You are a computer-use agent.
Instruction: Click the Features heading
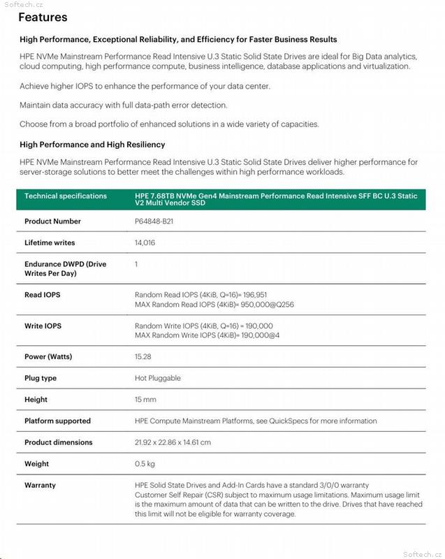[x=43, y=17]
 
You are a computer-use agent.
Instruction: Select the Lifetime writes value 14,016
[x=145, y=243]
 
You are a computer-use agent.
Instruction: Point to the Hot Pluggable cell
[x=157, y=378]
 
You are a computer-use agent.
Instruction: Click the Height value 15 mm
[x=145, y=400]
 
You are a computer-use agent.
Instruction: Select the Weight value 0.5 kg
[x=145, y=464]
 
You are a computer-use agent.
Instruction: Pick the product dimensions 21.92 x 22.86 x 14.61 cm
[x=173, y=442]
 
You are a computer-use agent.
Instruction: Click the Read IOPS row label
[x=42, y=295]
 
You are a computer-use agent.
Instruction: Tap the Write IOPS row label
[x=43, y=326]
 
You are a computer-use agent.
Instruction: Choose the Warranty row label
[x=40, y=485]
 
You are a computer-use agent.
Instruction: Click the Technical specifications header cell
[x=66, y=196]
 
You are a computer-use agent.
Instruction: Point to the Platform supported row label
[x=57, y=421]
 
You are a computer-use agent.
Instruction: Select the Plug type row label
[x=41, y=378]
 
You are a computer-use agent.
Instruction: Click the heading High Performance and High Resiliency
[x=92, y=145]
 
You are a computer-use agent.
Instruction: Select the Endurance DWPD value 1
[x=136, y=264]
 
